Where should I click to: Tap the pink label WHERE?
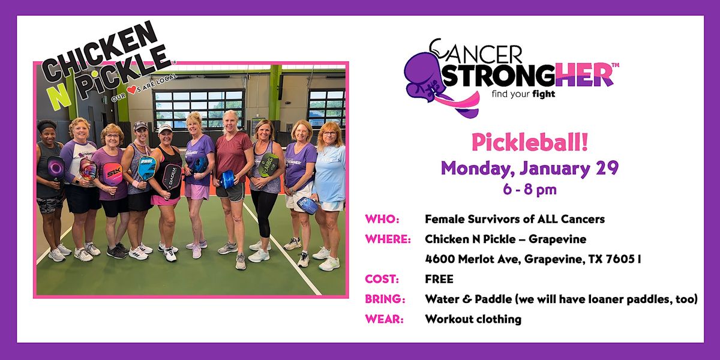(388, 239)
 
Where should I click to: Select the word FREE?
(439, 279)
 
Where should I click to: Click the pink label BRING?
(385, 299)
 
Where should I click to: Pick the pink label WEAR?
(383, 319)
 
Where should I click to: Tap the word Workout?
(448, 319)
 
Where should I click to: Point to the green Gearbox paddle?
(268, 163)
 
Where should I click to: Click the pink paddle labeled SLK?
(112, 175)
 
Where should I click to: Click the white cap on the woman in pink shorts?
(165, 127)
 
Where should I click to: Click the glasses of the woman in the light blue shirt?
(329, 134)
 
